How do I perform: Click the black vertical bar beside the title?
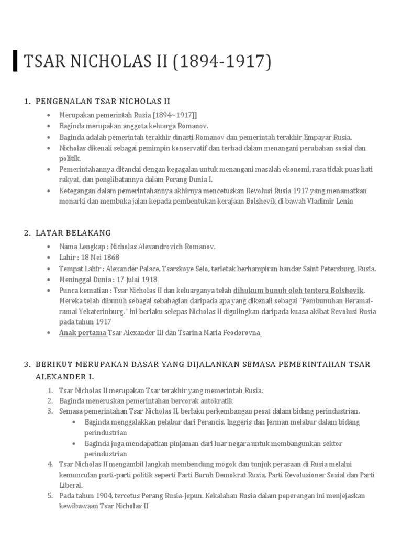[x=16, y=61]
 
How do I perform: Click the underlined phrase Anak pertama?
[x=83, y=332]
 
